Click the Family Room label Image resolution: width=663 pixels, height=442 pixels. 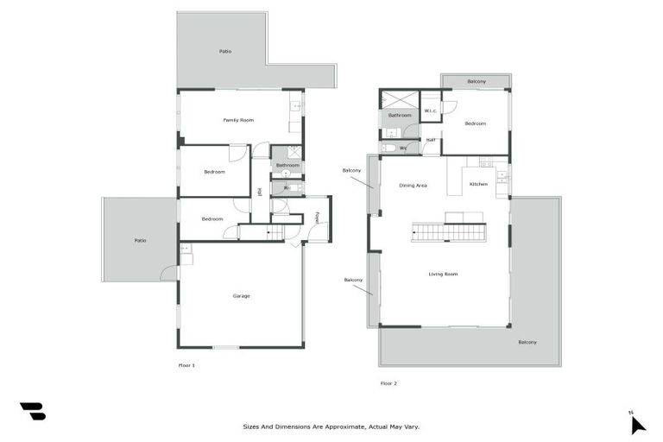click(238, 120)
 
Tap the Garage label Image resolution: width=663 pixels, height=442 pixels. click(241, 296)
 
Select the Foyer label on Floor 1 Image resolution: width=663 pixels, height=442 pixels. click(317, 218)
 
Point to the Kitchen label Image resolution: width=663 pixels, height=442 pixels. click(478, 184)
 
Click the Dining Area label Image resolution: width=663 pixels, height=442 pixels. click(413, 186)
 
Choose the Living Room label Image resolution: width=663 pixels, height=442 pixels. click(443, 275)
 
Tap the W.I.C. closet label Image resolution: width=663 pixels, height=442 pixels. click(431, 110)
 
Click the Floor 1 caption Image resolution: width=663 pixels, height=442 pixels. click(186, 366)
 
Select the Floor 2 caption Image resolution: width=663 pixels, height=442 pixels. click(388, 383)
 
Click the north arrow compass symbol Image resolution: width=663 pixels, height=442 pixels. click(637, 423)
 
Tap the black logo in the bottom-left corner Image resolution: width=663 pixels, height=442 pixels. click(33, 412)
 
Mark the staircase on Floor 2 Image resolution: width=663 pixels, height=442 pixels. click(447, 231)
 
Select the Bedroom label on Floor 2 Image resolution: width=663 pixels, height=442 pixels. click(476, 123)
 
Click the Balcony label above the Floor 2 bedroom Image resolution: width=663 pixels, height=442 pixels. click(476, 81)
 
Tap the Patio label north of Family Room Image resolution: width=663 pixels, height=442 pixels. click(224, 52)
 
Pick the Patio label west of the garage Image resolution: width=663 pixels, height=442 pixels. click(140, 240)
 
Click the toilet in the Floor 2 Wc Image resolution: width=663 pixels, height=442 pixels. click(389, 148)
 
